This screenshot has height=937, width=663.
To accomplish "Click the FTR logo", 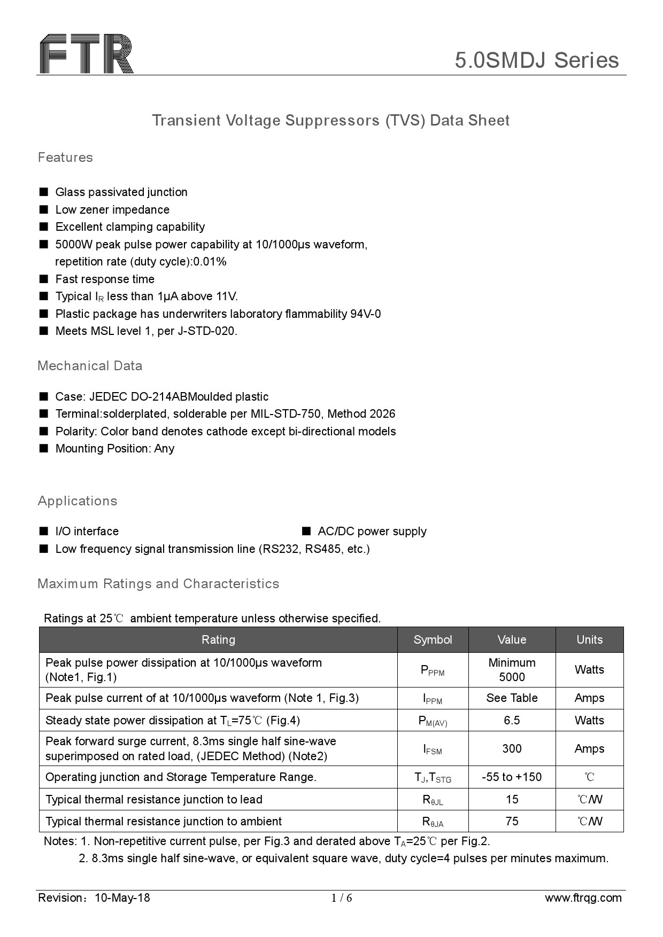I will (86, 53).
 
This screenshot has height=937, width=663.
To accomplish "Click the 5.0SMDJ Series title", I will (536, 60).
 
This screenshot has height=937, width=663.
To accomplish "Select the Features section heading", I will (65, 158).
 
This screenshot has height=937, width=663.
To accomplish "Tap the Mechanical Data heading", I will (90, 366).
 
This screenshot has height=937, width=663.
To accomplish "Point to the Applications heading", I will (77, 501).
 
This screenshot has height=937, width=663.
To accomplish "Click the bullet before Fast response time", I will (44, 279).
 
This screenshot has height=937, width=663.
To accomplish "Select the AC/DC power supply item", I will (372, 532).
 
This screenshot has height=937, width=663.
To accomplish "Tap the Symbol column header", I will (433, 639).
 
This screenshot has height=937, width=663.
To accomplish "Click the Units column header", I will (589, 639).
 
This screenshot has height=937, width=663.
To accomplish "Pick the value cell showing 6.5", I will (512, 720).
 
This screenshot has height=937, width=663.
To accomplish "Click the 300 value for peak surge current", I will (512, 748).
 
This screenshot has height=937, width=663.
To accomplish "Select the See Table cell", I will (512, 698).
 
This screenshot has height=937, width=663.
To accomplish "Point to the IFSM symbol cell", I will (433, 749).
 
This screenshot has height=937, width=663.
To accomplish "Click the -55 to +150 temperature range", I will (512, 777).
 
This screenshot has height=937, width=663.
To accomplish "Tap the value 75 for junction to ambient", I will (512, 822).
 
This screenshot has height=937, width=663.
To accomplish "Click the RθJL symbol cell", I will (433, 800).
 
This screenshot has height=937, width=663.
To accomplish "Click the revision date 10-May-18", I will (122, 898).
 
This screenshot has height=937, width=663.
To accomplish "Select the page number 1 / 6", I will (342, 898).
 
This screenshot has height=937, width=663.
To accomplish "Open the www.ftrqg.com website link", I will (583, 898).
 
